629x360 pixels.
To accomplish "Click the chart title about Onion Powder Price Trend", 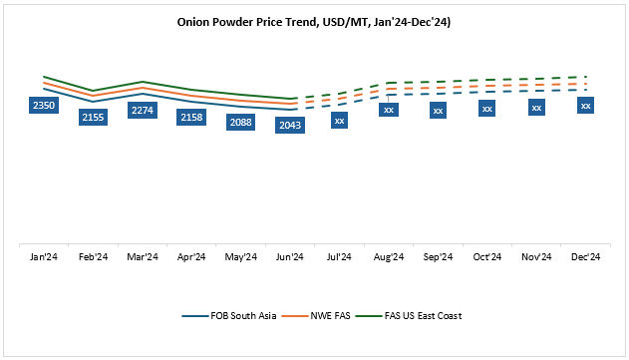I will click(x=314, y=21).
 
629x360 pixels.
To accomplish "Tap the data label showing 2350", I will click(x=44, y=105).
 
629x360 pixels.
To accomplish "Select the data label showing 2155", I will click(x=93, y=118).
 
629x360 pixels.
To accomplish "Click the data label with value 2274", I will click(x=143, y=110).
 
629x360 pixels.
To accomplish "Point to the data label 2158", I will click(x=191, y=118).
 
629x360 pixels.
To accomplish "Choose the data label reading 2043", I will click(x=290, y=125).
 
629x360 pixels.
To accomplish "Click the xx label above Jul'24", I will click(x=339, y=121).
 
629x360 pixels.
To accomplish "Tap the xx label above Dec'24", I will click(x=585, y=106).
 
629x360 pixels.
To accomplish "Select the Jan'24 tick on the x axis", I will click(x=44, y=257).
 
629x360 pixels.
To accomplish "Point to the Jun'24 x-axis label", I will click(x=290, y=257).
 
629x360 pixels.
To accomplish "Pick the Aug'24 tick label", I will click(x=389, y=257).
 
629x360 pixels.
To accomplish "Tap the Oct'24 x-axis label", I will click(x=486, y=257).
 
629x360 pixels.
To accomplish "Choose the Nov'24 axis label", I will click(x=536, y=257).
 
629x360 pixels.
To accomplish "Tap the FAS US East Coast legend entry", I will click(x=409, y=316).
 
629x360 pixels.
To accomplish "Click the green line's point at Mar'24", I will click(x=143, y=82).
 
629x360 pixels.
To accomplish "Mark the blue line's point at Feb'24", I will click(x=93, y=102).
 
